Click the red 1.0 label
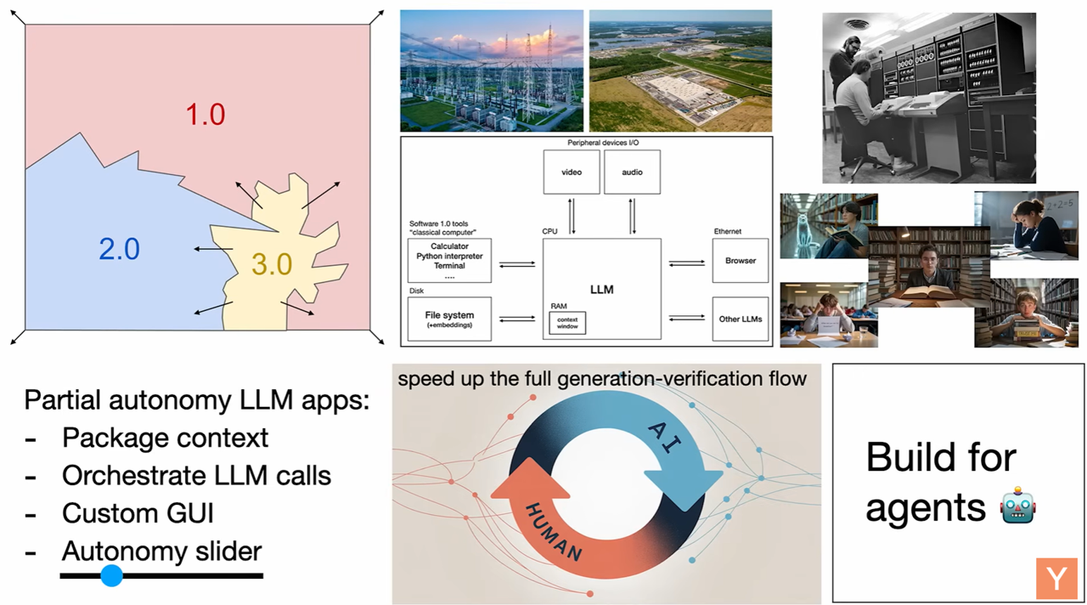point(206,115)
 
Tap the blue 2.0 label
point(120,249)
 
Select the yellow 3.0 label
point(272,264)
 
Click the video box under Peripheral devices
point(572,172)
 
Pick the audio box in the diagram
point(632,172)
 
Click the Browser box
point(740,260)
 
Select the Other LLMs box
point(740,319)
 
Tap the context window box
point(567,323)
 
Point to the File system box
point(449,319)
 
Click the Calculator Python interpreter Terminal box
point(449,260)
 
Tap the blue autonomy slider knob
point(111,576)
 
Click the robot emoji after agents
point(1017,506)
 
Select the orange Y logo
point(1056,579)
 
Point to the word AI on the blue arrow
point(664,438)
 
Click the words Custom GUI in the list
point(138,513)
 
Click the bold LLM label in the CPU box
point(602,290)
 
